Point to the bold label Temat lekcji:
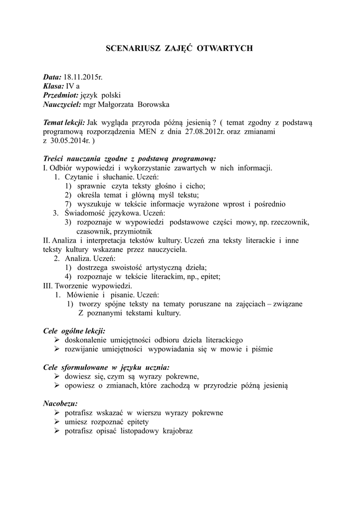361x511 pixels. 64,123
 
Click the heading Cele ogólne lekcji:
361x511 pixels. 74,331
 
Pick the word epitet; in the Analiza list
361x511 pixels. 209,276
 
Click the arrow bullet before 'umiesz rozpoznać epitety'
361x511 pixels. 56,422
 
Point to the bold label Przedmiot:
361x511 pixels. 61,95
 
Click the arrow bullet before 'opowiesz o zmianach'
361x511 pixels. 56,386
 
